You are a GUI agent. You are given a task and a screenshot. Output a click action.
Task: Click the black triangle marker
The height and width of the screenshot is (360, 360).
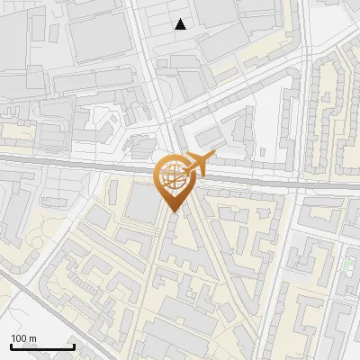coord(181,24)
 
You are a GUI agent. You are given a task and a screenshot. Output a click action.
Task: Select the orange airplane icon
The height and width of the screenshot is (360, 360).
coord(198,164)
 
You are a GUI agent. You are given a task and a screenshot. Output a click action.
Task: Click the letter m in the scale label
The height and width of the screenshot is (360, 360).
coord(33,338)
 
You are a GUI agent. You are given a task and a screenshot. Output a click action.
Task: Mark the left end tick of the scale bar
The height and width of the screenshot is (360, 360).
coord(10,346)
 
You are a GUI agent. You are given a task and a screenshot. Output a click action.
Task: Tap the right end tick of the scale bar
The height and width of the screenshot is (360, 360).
coord(74,346)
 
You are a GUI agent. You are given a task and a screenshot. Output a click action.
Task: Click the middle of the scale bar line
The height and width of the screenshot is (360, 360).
coord(41,347)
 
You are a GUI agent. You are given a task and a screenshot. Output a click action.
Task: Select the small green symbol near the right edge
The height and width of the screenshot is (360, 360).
coord(347,265)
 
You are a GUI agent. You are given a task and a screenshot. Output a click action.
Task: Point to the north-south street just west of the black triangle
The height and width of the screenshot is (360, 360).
coord(150,36)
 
